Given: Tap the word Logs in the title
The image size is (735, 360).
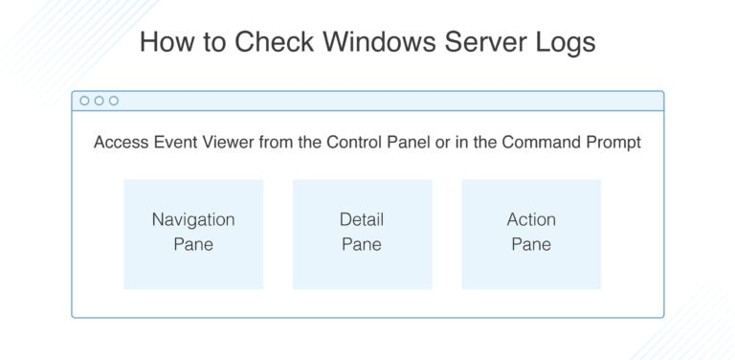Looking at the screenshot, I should point(564,43).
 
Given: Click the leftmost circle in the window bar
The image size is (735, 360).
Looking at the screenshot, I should point(85,101).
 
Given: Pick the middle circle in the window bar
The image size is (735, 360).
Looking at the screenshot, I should point(100,101).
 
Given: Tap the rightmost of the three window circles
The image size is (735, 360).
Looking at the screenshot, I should point(114,101).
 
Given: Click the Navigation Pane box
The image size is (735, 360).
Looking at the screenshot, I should point(193,234).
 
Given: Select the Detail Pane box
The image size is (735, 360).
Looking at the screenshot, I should point(362,234).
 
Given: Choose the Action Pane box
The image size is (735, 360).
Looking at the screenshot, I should point(531,234).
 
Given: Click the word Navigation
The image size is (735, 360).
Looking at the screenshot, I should point(193,219).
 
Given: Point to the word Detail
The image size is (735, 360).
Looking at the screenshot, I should point(362,219).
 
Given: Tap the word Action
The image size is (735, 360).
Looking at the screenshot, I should point(531,219).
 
